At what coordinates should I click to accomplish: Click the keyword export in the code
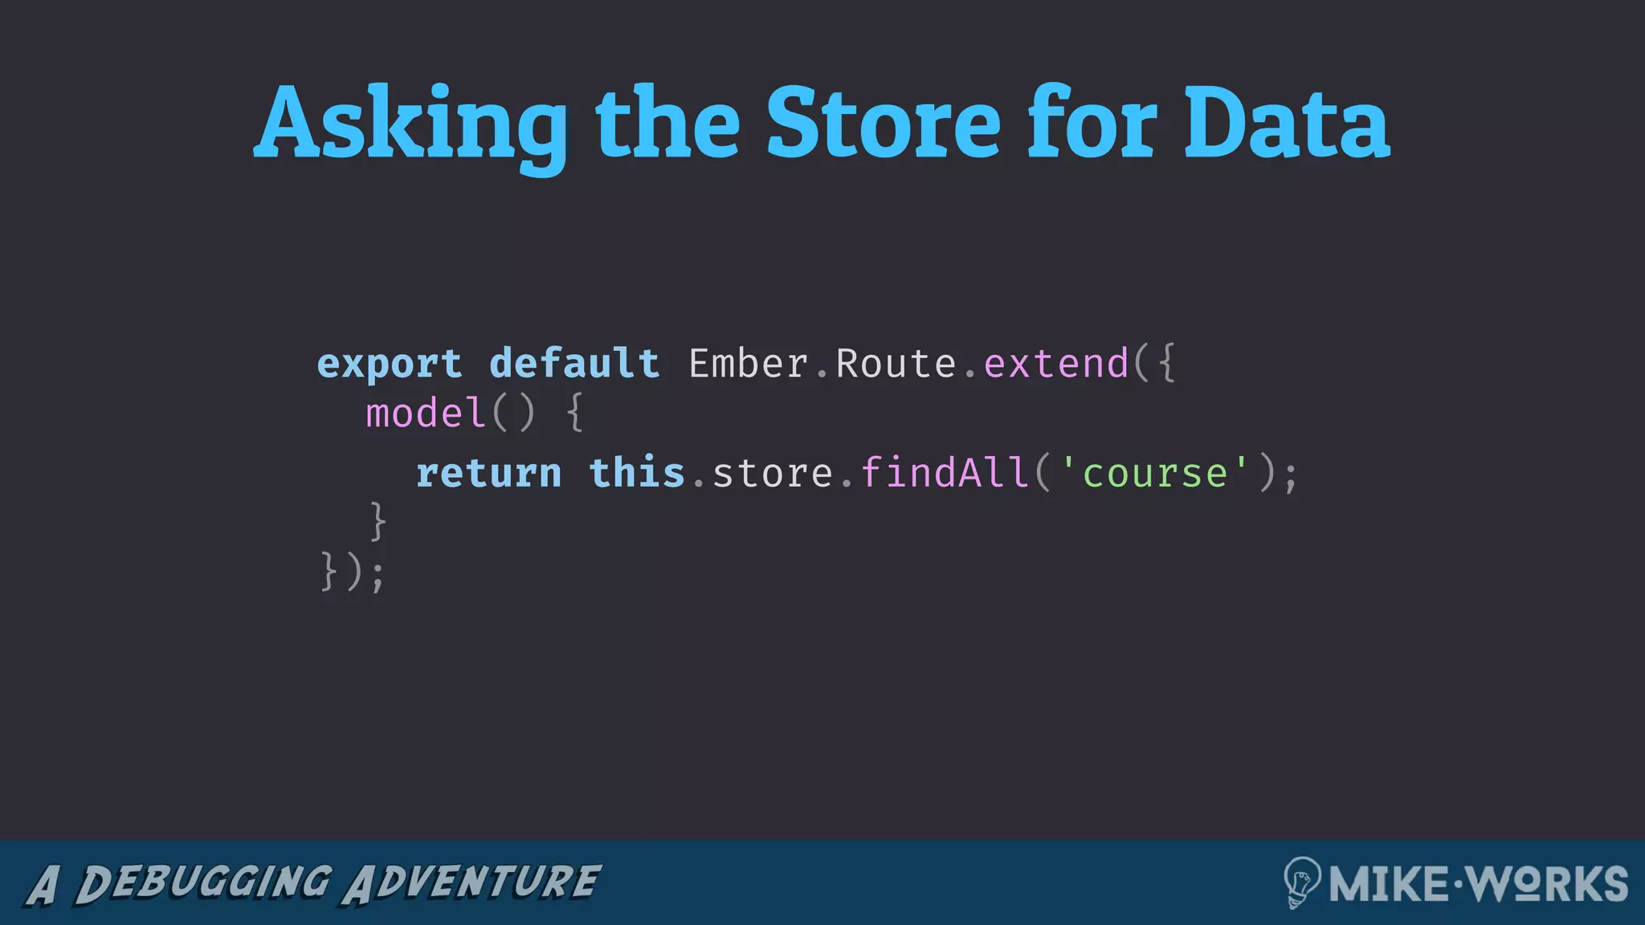point(390,364)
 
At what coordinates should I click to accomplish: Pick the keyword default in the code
point(574,364)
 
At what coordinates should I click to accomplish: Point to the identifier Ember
point(748,364)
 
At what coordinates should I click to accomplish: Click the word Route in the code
point(896,364)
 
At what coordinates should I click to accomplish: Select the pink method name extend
point(1056,364)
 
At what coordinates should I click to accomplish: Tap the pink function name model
point(426,414)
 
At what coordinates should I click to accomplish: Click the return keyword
point(488,473)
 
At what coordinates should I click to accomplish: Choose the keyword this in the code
point(637,473)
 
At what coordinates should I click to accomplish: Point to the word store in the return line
point(773,473)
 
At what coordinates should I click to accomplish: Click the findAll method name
point(945,473)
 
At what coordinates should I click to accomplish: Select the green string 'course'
point(1155,473)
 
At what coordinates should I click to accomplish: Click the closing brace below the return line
point(378,522)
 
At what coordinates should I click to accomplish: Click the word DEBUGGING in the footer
point(203,883)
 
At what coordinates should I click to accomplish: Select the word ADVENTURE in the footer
point(471,883)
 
